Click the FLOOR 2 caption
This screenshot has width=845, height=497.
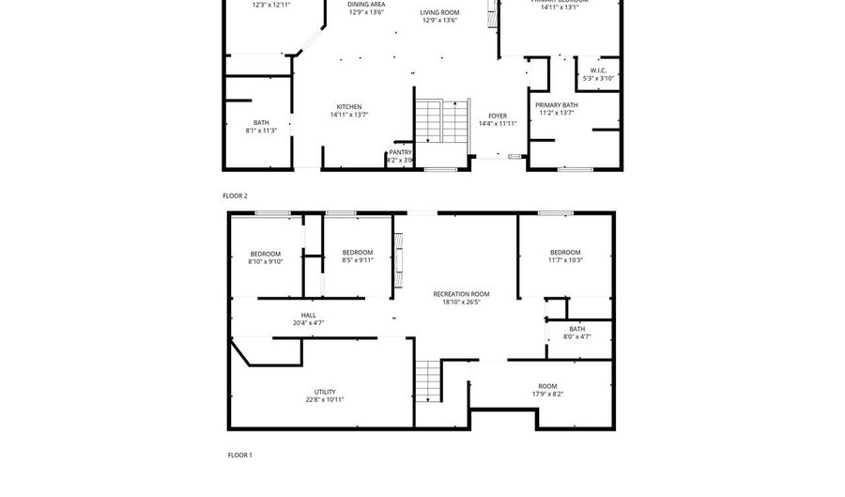click(235, 195)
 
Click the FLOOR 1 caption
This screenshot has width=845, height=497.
click(239, 455)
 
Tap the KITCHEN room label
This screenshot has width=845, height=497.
click(349, 106)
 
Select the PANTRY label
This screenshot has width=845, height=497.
click(401, 152)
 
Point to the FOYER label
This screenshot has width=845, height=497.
click(498, 116)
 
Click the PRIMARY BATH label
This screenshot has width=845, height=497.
click(557, 105)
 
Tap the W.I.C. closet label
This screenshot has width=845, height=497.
click(598, 70)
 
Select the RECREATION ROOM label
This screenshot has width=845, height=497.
click(461, 294)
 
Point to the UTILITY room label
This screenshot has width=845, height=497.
click(325, 392)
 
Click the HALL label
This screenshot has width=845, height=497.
click(308, 315)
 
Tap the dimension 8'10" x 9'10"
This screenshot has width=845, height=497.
click(265, 262)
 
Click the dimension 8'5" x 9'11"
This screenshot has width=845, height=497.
click(358, 260)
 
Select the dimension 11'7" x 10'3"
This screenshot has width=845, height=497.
click(565, 260)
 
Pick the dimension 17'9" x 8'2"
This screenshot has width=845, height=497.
click(547, 395)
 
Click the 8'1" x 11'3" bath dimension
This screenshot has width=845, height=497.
click(261, 131)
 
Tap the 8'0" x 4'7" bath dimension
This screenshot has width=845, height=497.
click(576, 336)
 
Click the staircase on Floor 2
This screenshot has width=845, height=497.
click(441, 121)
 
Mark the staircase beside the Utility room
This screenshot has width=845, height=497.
click(428, 380)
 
